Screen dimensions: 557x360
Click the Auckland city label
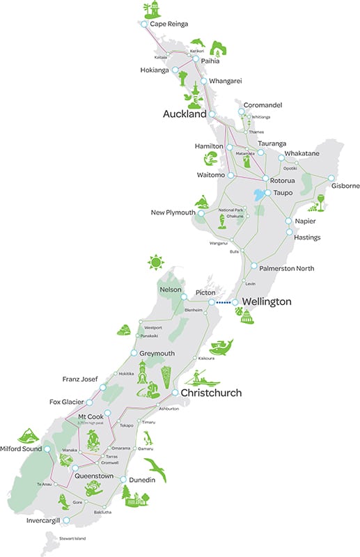[185, 113]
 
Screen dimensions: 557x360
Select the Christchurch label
[211, 393]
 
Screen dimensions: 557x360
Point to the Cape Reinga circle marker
[143, 24]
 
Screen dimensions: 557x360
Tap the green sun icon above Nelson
[157, 263]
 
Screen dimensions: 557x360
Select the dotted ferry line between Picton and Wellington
[223, 303]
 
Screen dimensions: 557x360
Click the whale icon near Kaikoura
[221, 346]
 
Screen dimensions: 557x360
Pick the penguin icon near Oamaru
[148, 439]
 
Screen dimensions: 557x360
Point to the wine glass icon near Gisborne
[320, 203]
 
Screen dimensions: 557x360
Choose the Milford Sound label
[21, 449]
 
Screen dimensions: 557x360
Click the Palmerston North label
[286, 268]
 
